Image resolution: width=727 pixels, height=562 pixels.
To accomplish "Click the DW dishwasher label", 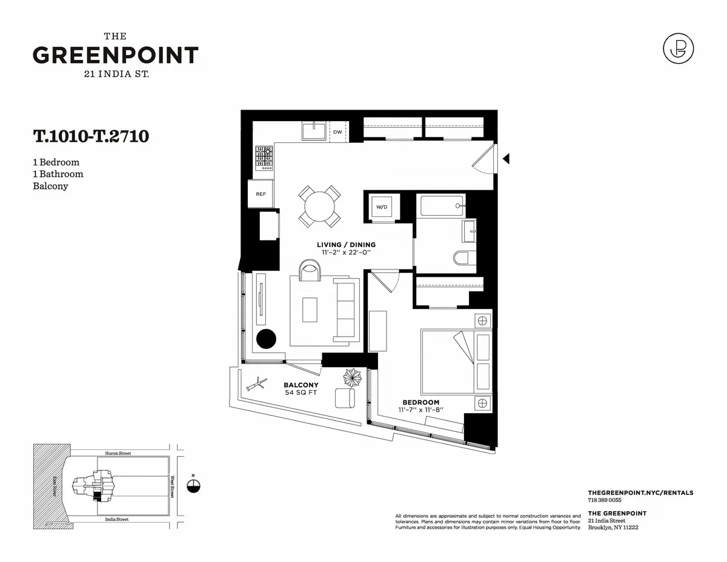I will tap(337, 131).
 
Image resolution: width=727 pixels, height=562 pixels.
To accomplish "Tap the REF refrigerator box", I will tap(261, 194).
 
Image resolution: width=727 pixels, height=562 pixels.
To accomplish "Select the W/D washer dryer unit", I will tap(382, 207).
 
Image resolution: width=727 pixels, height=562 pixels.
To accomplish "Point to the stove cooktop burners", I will tap(264, 157).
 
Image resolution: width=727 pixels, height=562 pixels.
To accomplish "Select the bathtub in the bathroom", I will tap(442, 205).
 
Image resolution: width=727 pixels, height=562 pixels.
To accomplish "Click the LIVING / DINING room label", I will tap(346, 245).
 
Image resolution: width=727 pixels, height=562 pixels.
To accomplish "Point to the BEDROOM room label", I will tap(421, 402).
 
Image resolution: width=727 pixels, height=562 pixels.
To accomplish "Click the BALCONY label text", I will tap(301, 385).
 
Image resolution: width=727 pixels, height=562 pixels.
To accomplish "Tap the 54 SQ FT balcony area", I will tap(301, 393).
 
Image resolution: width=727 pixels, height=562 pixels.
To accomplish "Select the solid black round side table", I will tap(266, 339).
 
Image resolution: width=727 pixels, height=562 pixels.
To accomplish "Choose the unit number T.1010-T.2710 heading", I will tap(91, 136).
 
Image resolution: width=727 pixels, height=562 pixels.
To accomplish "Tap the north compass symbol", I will tap(193, 485).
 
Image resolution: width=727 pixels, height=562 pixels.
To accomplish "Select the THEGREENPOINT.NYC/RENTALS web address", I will tap(640, 493).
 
